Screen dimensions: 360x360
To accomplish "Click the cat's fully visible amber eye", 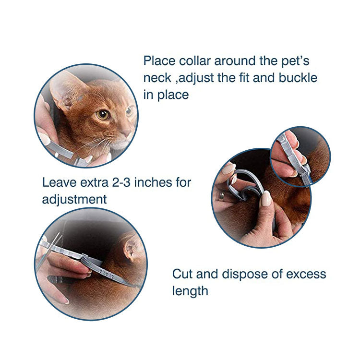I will [x=102, y=114].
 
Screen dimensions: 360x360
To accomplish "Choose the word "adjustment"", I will [x=74, y=199].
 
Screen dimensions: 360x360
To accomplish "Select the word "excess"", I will [x=302, y=275].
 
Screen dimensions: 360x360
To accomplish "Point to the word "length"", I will [x=190, y=291].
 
